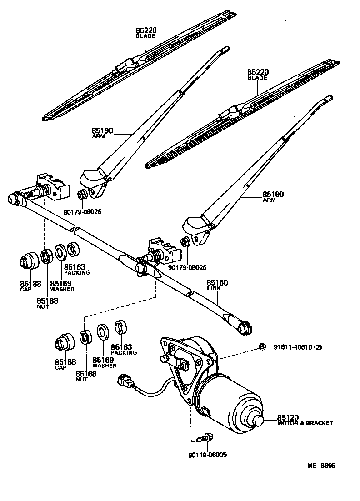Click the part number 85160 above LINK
coord(217,282)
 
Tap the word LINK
coord(214,289)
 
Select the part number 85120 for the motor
coord(288,417)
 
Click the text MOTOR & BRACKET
coord(305,423)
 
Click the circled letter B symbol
coord(262,347)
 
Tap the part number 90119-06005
coord(208,454)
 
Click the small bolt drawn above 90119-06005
coord(207,437)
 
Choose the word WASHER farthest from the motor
coord(62,289)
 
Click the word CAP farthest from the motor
coord(25,289)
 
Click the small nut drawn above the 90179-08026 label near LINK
coord(185,241)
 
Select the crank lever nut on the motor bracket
coord(184,364)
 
